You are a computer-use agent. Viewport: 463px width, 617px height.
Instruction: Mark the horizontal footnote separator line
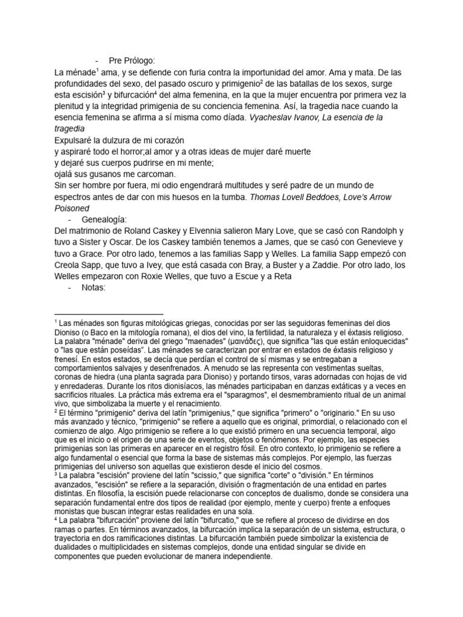(109, 314)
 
